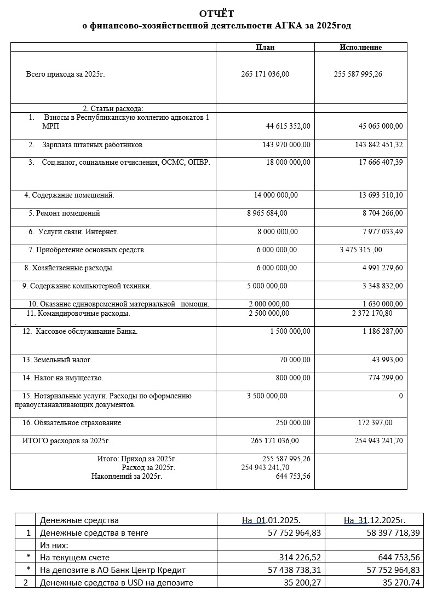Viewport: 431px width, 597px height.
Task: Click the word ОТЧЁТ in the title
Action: pyautogui.click(x=216, y=14)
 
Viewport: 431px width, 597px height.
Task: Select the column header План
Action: pyautogui.click(x=265, y=47)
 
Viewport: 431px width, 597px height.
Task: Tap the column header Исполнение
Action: pyautogui.click(x=360, y=47)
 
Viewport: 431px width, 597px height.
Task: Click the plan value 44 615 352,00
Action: pyautogui.click(x=288, y=126)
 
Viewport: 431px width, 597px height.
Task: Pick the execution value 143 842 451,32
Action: pyautogui.click(x=378, y=145)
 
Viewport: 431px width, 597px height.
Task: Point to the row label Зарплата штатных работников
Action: pyautogui.click(x=92, y=145)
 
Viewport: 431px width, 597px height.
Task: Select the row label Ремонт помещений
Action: pyautogui.click(x=68, y=213)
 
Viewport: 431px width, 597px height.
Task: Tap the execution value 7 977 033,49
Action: pyautogui.click(x=382, y=231)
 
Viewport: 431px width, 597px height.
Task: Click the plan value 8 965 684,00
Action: pyautogui.click(x=267, y=213)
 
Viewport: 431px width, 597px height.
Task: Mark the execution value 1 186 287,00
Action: pyautogui.click(x=382, y=331)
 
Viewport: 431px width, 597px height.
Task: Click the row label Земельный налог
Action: pyautogui.click(x=63, y=360)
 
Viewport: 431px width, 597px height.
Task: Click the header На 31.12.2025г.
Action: pyautogui.click(x=375, y=520)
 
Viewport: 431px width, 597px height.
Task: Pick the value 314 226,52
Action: pyautogui.click(x=297, y=557)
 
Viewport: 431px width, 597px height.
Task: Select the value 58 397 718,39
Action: pyautogui.click(x=386, y=532)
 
